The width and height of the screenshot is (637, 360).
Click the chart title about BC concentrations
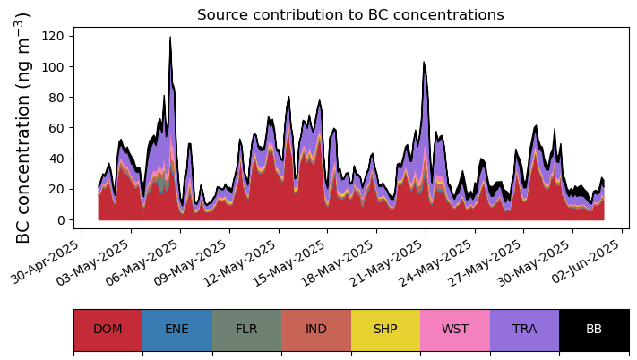pyautogui.click(x=350, y=15)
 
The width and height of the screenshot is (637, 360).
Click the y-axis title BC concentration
pyautogui.click(x=24, y=127)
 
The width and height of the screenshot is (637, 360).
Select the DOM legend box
pyautogui.click(x=108, y=329)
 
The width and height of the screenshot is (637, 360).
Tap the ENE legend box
pyautogui.click(x=177, y=329)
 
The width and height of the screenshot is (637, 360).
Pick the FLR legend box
pyautogui.click(x=246, y=329)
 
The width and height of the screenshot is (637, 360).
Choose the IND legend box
pyautogui.click(x=316, y=329)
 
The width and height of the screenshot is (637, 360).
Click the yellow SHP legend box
pyautogui.click(x=385, y=329)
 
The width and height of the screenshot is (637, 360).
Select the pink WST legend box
pyautogui.click(x=455, y=329)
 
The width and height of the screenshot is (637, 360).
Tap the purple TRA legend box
pyautogui.click(x=524, y=329)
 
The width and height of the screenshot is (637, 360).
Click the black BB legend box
pyautogui.click(x=594, y=329)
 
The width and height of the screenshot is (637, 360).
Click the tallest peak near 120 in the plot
pyautogui.click(x=170, y=38)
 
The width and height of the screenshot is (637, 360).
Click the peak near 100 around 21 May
pyautogui.click(x=425, y=63)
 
